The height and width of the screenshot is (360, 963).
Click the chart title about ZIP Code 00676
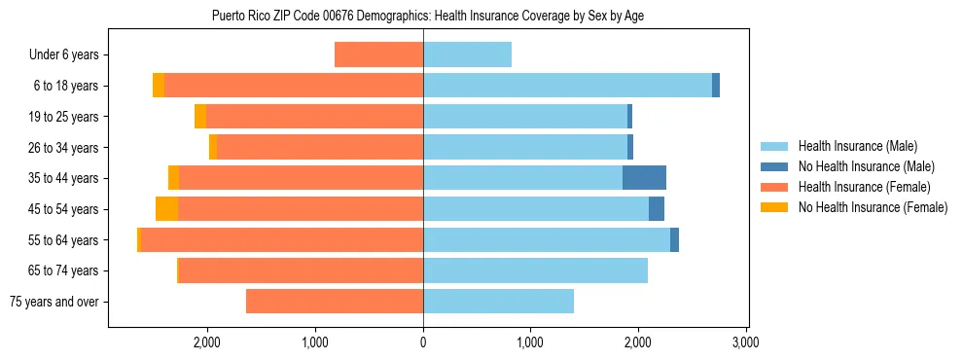pyautogui.click(x=427, y=16)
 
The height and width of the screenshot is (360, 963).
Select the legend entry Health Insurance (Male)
pyautogui.click(x=856, y=146)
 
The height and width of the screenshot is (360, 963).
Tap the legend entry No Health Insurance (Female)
pyautogui.click(x=873, y=207)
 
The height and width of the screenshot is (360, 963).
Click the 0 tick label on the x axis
pyautogui.click(x=423, y=343)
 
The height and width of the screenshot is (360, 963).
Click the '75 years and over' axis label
pyautogui.click(x=54, y=302)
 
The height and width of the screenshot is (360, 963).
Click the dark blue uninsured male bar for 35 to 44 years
pyautogui.click(x=644, y=178)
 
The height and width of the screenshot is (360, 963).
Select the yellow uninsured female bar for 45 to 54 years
pyautogui.click(x=166, y=209)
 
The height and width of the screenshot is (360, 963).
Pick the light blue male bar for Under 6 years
pyautogui.click(x=467, y=55)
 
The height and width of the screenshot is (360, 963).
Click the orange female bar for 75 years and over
pyautogui.click(x=335, y=302)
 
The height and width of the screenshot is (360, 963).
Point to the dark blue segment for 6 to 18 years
pyautogui.click(x=716, y=86)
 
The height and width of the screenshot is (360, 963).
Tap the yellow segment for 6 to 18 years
pyautogui.click(x=159, y=86)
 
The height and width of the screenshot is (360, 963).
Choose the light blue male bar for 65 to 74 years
pyautogui.click(x=535, y=270)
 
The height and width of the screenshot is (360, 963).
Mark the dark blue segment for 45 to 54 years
pyautogui.click(x=657, y=209)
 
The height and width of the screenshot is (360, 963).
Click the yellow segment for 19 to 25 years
pyautogui.click(x=200, y=117)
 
